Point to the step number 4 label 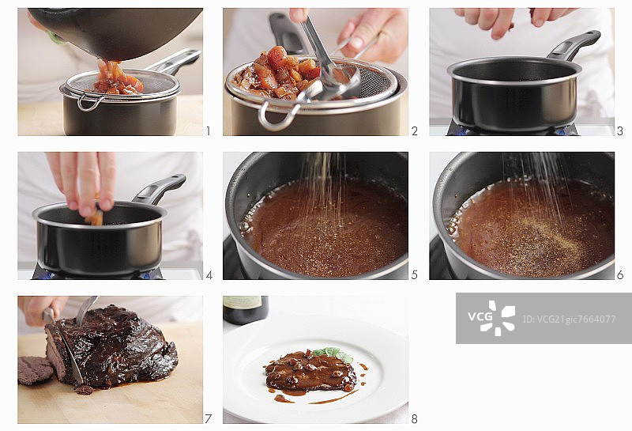tap(209, 275)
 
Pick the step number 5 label tap(414, 275)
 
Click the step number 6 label tap(620, 275)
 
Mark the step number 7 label tap(208, 419)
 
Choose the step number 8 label tap(414, 419)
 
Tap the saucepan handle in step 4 tap(161, 189)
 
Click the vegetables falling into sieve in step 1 tap(117, 77)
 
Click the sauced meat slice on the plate tap(309, 371)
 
